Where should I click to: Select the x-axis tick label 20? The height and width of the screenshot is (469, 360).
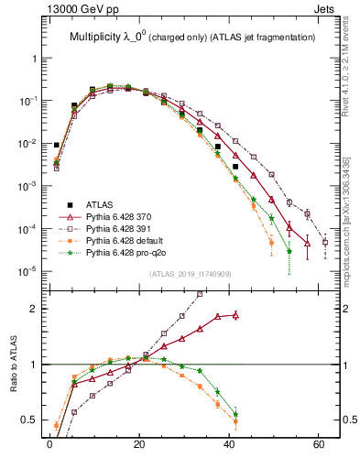[x=138, y=444]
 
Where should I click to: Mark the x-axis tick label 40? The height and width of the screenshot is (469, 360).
[x=228, y=444]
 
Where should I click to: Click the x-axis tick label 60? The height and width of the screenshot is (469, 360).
[x=317, y=444]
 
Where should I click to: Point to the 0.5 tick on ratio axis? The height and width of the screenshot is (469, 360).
[x=30, y=420]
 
